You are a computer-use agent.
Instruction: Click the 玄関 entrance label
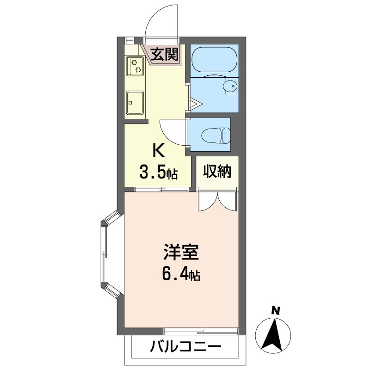coord(165,54)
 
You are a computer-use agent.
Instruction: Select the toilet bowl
coord(216,136)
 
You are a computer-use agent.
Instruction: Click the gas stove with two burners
coord(135,66)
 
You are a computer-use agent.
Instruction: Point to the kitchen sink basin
coord(135,102)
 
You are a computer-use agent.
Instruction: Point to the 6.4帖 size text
coord(181,274)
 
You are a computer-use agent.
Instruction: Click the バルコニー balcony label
coord(186,346)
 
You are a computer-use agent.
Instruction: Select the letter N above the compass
coord(275,310)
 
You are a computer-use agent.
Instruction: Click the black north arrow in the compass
coord(273,334)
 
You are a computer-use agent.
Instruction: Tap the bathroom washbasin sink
coord(230,86)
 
